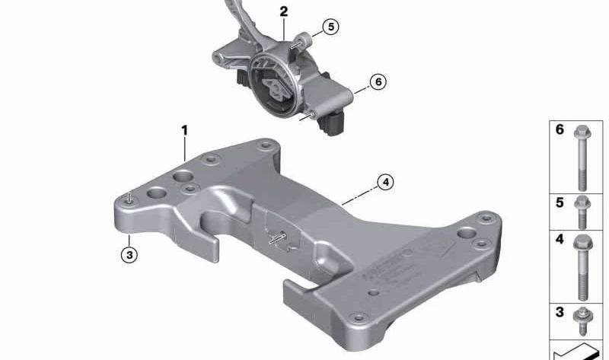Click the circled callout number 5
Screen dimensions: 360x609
[330, 27]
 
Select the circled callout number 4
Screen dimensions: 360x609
[387, 183]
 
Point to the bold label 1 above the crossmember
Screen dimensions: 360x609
[184, 131]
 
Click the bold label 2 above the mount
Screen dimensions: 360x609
[284, 11]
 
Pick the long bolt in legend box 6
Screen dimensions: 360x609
[581, 156]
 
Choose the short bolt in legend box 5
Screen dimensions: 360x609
[581, 211]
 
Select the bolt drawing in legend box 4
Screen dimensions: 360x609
[581, 266]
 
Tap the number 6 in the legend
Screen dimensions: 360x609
[560, 130]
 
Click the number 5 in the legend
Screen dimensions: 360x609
[560, 203]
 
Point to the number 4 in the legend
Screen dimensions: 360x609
[560, 240]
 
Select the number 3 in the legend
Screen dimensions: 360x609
[560, 313]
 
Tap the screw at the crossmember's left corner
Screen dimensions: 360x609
[130, 199]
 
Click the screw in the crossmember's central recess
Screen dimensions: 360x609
[280, 237]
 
